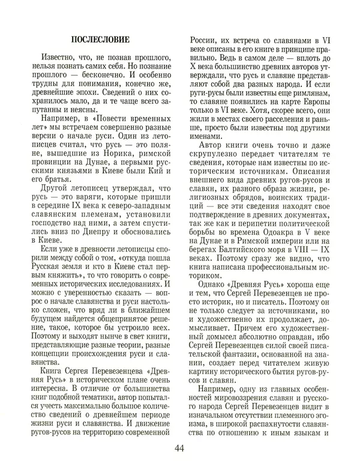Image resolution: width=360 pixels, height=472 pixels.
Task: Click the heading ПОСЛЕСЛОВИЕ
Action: (x=100, y=40)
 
